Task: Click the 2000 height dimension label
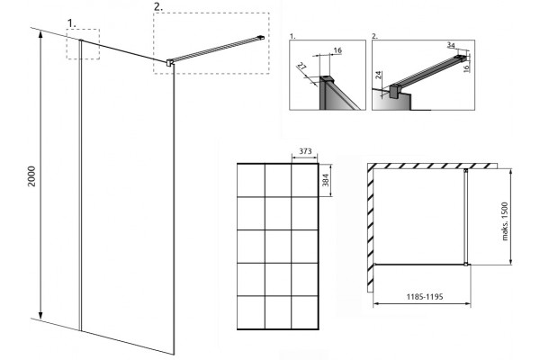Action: tap(31, 176)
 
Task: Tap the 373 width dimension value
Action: tap(305, 151)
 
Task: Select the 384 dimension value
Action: tap(326, 180)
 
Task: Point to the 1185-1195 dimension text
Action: tap(424, 296)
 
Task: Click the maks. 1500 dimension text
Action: tap(505, 221)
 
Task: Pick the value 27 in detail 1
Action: tap(301, 66)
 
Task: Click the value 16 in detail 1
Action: tap(337, 50)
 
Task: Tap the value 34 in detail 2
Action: tap(451, 45)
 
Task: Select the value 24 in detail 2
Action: tap(379, 75)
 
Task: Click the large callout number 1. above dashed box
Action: tap(72, 23)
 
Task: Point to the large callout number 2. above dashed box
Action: tap(158, 7)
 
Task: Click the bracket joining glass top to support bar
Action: tap(169, 63)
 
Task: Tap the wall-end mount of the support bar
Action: tap(261, 37)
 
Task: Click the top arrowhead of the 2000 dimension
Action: tap(40, 34)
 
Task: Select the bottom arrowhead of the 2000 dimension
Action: tap(40, 316)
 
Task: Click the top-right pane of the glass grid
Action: tap(304, 180)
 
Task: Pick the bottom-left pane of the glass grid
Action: tap(251, 312)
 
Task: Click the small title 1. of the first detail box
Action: tap(292, 36)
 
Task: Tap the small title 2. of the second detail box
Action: tap(375, 36)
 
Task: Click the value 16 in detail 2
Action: tap(466, 67)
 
